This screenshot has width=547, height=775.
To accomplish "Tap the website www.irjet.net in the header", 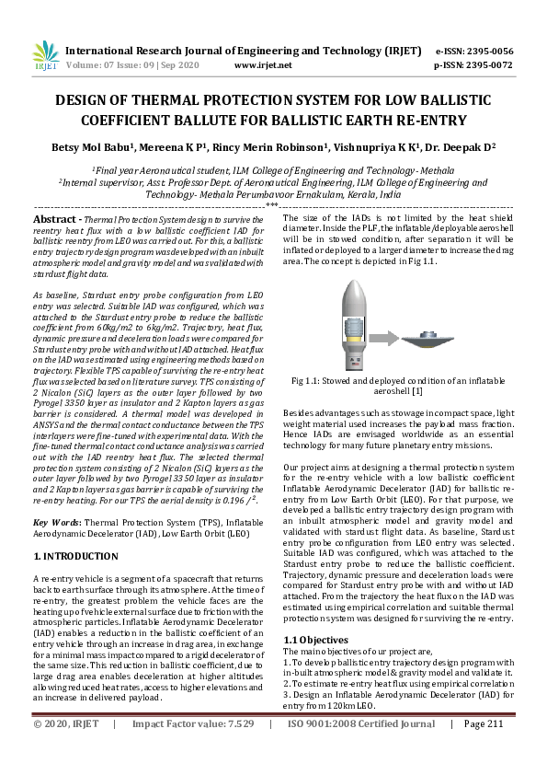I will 264,65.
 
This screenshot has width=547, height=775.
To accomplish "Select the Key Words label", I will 56,522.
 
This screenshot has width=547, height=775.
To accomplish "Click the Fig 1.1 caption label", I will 308,406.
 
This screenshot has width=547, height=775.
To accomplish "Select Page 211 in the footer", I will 485,750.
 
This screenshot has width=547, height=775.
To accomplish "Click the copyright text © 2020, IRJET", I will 65,750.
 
